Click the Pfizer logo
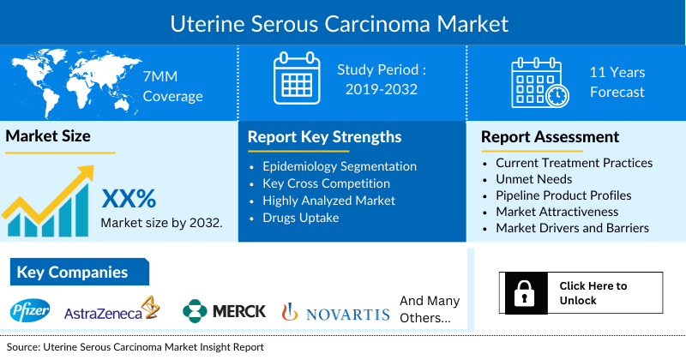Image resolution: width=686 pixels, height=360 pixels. (x=31, y=311)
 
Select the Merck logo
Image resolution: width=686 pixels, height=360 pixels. (x=225, y=311)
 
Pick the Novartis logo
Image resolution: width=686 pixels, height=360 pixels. (x=335, y=313)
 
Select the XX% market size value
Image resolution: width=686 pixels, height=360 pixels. (x=129, y=199)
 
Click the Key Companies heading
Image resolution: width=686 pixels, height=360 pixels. (x=73, y=273)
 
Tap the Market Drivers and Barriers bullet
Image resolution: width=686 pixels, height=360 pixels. (x=572, y=228)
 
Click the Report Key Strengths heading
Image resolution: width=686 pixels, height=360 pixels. (x=324, y=137)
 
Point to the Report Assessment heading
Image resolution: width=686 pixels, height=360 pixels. (x=550, y=137)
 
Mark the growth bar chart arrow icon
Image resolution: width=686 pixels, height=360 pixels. (x=47, y=201)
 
